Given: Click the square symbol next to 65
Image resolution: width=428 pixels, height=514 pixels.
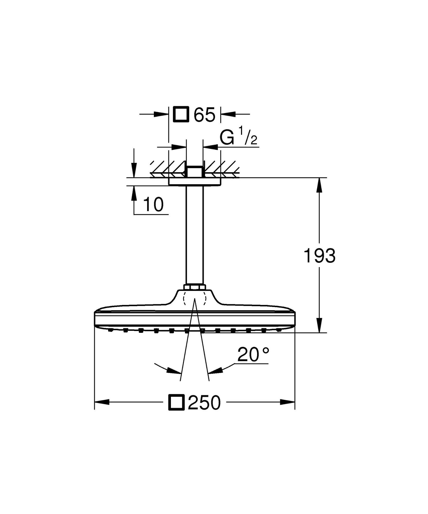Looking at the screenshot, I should (x=181, y=114).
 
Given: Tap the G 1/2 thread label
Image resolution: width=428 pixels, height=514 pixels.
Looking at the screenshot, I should (x=238, y=137).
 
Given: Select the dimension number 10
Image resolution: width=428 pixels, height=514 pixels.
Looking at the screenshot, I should (x=153, y=205).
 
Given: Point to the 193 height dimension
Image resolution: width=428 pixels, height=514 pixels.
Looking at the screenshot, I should (x=319, y=256).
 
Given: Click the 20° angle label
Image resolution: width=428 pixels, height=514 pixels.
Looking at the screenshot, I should (x=253, y=355).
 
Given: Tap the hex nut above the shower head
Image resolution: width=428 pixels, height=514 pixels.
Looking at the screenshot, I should (x=195, y=287).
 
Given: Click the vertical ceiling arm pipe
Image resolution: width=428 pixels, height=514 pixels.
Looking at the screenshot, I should (x=194, y=236).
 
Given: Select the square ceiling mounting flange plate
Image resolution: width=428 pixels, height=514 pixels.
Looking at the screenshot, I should (x=194, y=182).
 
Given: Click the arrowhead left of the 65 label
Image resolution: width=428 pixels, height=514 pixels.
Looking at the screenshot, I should (x=161, y=114).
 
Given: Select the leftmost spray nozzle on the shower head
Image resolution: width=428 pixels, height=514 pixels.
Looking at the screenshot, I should (x=110, y=331).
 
